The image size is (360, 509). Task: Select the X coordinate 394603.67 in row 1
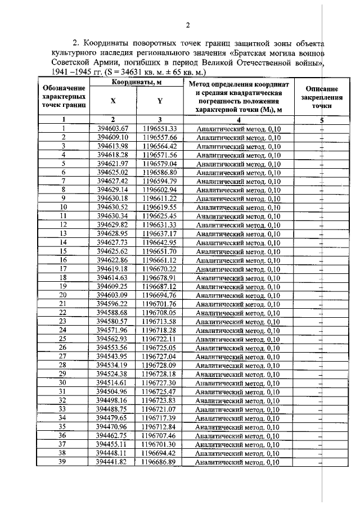click(113, 129)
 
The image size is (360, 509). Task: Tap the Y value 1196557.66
click(160, 137)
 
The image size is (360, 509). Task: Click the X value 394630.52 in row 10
click(113, 207)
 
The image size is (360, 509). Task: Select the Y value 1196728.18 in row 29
click(160, 374)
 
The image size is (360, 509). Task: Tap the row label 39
click(64, 462)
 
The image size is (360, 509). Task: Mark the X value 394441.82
click(113, 462)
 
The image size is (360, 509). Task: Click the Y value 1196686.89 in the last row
click(160, 462)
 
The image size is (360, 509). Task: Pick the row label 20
click(64, 295)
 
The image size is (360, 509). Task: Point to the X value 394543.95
click(113, 357)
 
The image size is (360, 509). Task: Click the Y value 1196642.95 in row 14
click(160, 242)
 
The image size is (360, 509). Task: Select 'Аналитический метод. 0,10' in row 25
click(238, 339)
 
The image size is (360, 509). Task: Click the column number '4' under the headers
click(238, 120)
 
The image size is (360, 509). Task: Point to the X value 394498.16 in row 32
click(113, 400)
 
